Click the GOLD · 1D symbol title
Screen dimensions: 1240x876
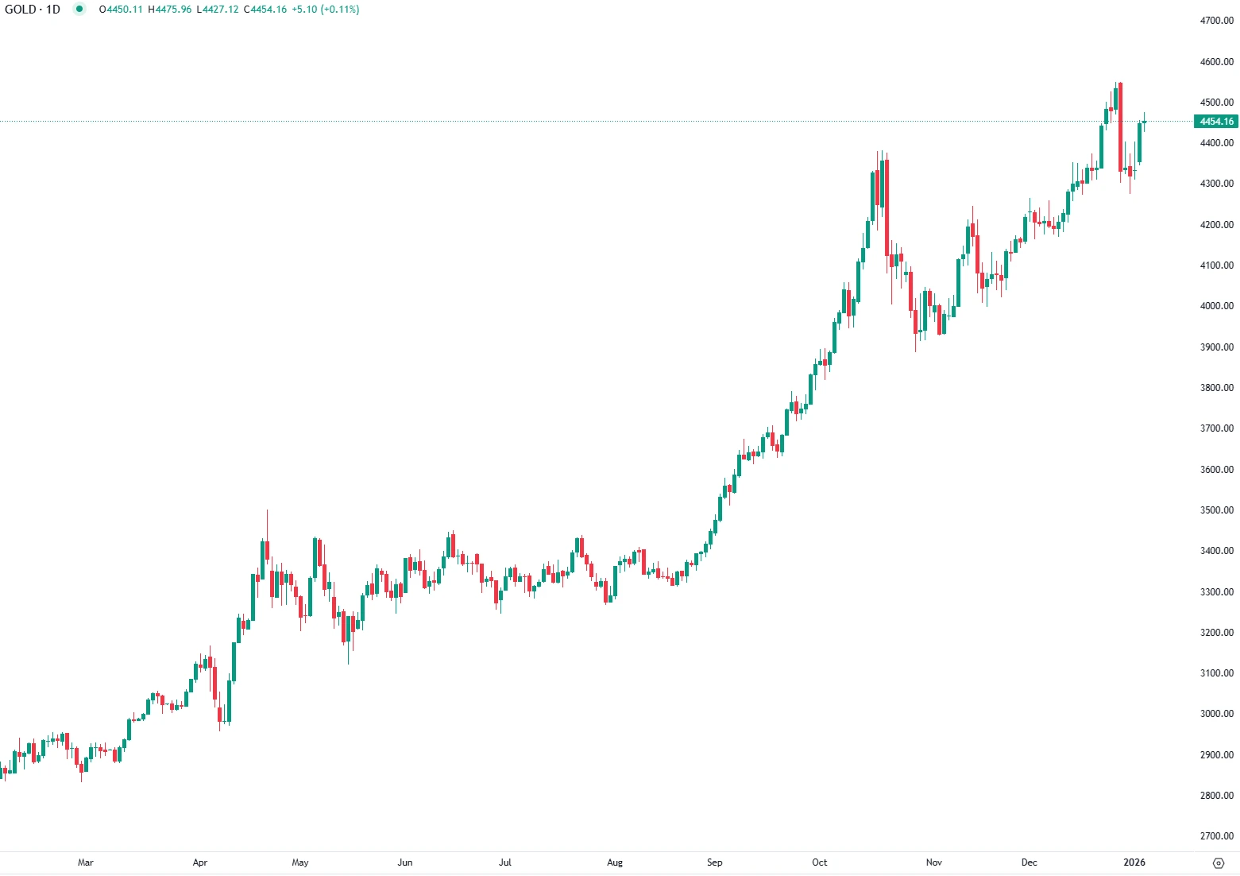[x=33, y=10]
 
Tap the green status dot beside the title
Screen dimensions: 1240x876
[x=79, y=10]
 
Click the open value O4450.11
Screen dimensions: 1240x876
[x=121, y=10]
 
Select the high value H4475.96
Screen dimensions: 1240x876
[x=169, y=10]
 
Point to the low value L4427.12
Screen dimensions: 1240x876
[x=217, y=10]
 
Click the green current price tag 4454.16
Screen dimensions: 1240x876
[x=1216, y=122]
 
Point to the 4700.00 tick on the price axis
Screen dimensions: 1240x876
[x=1216, y=21]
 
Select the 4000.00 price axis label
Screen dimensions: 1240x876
[x=1216, y=306]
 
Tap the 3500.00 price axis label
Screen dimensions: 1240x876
[x=1216, y=510]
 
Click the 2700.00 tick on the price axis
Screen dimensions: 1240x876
[x=1216, y=836]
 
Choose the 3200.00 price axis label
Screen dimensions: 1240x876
[x=1216, y=633]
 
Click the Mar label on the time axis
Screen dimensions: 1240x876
[x=86, y=862]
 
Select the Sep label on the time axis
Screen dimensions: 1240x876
[x=715, y=862]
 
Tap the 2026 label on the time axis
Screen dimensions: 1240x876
[x=1134, y=862]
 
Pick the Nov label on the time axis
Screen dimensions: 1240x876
[x=934, y=862]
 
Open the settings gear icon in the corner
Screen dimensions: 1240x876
[x=1219, y=862]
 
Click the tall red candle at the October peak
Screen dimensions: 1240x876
[x=887, y=207]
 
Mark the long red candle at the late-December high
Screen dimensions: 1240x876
[x=1120, y=127]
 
